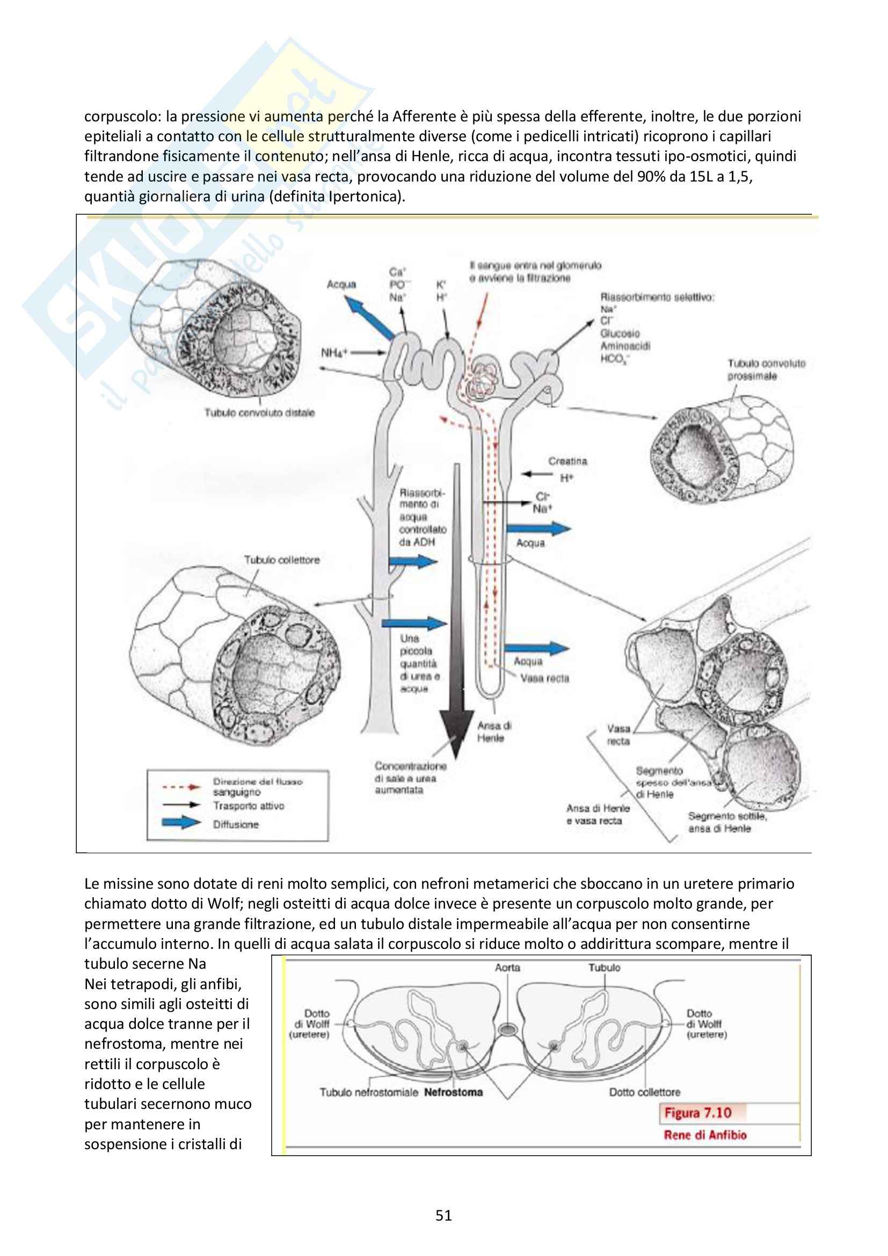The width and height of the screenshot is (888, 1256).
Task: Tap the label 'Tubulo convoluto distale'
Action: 259,412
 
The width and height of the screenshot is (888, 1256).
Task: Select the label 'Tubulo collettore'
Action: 282,560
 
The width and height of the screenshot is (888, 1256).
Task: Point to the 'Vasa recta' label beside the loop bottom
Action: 544,678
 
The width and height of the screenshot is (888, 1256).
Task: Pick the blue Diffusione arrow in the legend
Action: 181,823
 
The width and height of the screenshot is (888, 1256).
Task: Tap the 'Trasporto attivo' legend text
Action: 248,806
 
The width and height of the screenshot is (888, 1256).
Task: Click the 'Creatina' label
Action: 567,461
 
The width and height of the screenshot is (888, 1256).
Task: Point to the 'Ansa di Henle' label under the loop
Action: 494,732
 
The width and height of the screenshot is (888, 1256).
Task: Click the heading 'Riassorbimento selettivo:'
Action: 657,297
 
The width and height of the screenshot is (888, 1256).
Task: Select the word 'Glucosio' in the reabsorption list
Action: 620,333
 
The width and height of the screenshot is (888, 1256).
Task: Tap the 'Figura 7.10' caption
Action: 698,1113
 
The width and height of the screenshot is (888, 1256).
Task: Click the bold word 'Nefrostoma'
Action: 453,1092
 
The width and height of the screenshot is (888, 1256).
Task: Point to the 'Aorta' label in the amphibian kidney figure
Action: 507,967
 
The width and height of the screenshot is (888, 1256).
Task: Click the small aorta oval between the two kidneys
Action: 508,1029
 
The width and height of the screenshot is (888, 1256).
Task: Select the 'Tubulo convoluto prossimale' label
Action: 766,369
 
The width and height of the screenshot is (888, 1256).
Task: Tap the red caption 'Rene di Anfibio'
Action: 705,1135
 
